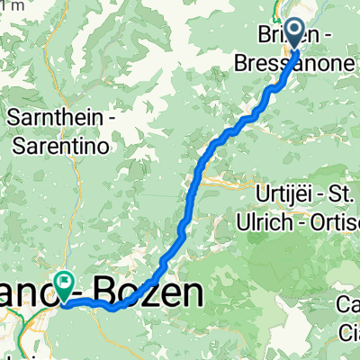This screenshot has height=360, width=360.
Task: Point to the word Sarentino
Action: pos(60,142)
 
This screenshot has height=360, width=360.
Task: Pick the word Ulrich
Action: pos(261,220)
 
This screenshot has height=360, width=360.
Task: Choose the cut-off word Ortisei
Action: pos(332,220)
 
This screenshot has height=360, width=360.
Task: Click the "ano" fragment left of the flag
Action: pos(23,293)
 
